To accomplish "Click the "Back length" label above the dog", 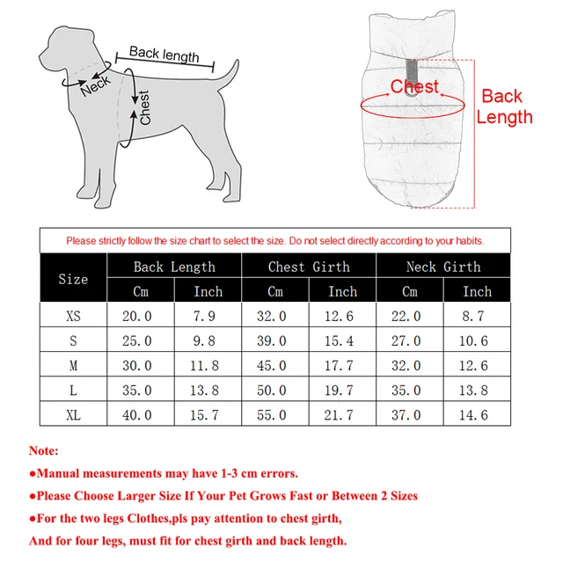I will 165,54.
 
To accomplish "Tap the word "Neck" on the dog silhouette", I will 96,84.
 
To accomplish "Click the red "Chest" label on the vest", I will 414,86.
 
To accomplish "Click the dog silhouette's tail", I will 226,75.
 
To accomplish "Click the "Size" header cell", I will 73,279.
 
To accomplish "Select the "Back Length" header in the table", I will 174,267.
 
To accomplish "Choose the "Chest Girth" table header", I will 309,267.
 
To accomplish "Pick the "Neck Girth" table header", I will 443,267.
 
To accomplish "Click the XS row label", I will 73,316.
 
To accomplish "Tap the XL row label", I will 73,414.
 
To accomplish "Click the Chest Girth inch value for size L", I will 342,390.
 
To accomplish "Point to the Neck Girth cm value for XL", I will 410,414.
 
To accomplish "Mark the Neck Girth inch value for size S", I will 477,340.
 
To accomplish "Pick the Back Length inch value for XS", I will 208,316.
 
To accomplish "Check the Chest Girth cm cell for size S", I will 275,340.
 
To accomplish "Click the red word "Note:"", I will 44,450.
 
